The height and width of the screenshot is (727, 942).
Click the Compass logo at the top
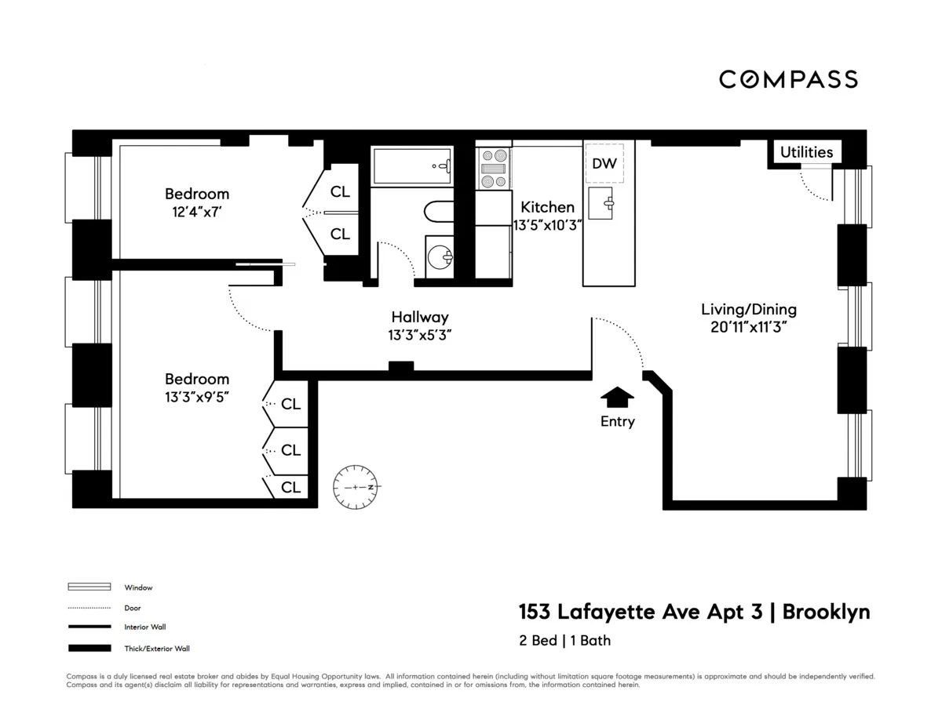788,79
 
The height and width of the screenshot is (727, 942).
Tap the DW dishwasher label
604,164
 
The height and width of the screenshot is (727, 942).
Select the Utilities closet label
806,152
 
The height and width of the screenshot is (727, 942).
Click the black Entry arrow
617,398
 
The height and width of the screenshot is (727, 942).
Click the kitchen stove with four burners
494,169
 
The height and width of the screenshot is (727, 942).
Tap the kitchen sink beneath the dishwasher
605,203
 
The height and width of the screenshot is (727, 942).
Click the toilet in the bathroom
437,212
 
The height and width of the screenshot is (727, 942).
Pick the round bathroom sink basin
441,256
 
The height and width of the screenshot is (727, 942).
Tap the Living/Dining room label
748,309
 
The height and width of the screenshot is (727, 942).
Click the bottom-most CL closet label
290,487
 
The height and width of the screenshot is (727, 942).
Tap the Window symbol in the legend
89,587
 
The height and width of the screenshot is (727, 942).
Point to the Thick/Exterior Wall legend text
157,649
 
